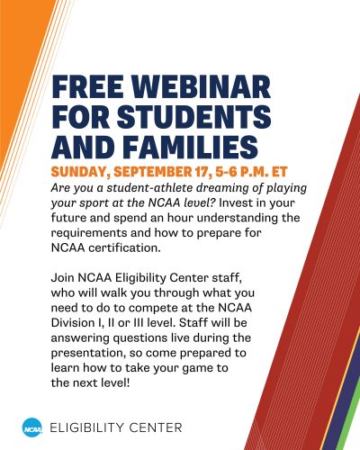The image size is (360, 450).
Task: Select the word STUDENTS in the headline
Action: tap(194, 117)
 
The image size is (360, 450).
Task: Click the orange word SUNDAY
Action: tap(78, 172)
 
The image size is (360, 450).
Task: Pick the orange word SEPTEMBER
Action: tap(152, 172)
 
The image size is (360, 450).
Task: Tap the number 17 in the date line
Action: tap(202, 172)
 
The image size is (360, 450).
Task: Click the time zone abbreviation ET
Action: tap(280, 172)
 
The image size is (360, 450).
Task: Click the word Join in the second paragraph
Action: tap(63, 278)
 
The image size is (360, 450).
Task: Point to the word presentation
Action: tap(88, 354)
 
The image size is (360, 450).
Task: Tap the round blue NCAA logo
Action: tap(32, 427)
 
